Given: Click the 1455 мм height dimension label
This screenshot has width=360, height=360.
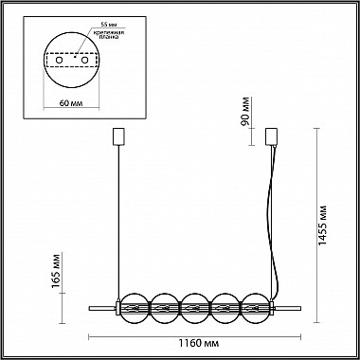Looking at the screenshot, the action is point(322,225).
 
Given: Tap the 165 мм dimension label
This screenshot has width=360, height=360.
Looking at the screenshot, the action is point(56,271).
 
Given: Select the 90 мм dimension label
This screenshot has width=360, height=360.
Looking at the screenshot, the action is point(245,112).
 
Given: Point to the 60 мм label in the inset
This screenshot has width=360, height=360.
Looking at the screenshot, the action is point(71,103).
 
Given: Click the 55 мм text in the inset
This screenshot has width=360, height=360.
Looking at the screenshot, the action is point(107,25).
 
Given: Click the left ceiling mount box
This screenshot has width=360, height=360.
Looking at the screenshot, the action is point(118,136).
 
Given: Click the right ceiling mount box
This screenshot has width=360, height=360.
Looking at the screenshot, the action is point(272,136).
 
